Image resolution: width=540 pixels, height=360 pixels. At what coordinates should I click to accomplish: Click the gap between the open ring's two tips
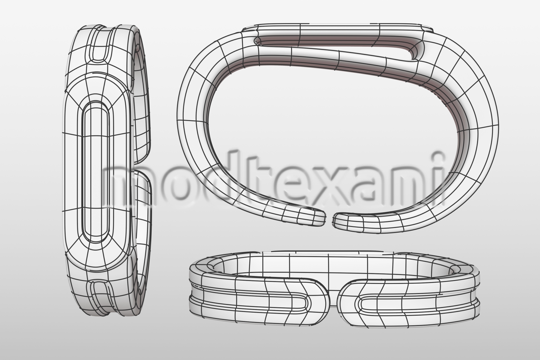tap(329, 219)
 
